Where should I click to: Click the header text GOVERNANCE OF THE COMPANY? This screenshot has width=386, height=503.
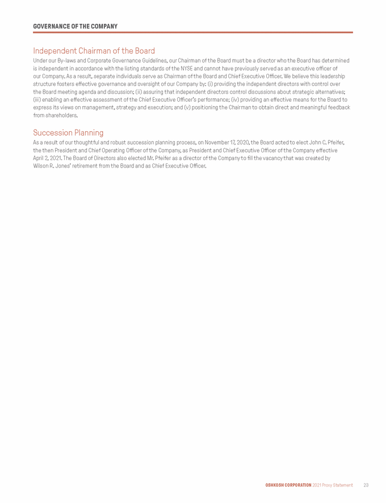click(x=75, y=27)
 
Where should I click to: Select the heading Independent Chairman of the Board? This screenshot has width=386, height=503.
click(x=94, y=51)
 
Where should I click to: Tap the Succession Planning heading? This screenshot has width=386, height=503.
click(x=68, y=133)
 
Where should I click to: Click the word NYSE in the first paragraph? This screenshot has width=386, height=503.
click(x=187, y=68)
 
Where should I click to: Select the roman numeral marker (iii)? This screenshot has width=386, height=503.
click(x=38, y=99)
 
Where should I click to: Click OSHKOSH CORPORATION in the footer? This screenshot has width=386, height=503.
click(x=288, y=485)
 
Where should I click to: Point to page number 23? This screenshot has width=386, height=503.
click(x=366, y=485)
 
